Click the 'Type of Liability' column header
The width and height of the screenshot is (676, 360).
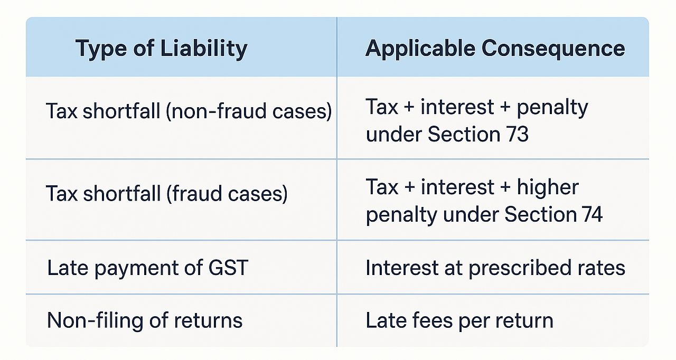tap(161, 49)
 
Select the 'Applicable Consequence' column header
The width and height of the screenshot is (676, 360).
tap(495, 49)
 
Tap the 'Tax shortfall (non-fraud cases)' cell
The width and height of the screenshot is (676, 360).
tap(189, 111)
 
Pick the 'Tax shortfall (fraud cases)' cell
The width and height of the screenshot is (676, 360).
tap(167, 193)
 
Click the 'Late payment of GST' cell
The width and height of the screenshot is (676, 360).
tap(147, 268)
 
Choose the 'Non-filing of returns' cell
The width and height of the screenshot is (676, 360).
tap(145, 320)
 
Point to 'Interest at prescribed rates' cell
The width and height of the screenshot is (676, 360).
tap(495, 268)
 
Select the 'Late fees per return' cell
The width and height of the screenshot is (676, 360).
tap(459, 320)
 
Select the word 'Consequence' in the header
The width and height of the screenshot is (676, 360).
tap(553, 49)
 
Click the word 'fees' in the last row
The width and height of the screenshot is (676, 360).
tap(433, 320)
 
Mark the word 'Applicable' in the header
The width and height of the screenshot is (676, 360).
tap(419, 49)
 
